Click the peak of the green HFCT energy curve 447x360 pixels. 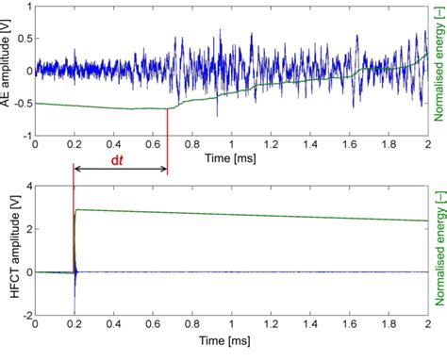[76, 209]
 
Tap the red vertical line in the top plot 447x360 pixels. [167, 123]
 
